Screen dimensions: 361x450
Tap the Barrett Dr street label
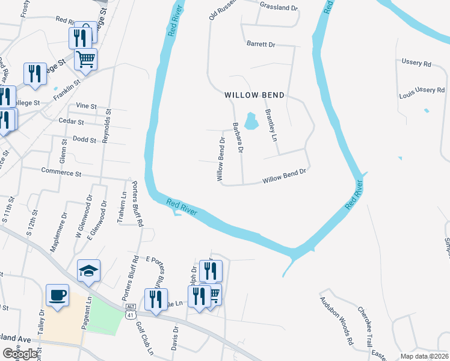[x=260, y=45]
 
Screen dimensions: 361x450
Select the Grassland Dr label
[x=279, y=7]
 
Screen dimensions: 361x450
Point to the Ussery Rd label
[x=416, y=63]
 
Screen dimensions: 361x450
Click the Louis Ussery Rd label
[x=421, y=90]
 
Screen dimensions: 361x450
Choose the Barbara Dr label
[x=238, y=138]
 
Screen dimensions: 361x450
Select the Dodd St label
[x=84, y=140]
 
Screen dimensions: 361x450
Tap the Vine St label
[x=87, y=105]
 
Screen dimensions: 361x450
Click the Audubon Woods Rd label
[x=336, y=321]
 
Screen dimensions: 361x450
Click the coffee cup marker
[x=57, y=295]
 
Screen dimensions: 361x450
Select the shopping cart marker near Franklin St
[x=86, y=60]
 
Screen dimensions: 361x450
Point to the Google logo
[x=20, y=354]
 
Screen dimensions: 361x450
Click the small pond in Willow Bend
[x=251, y=121]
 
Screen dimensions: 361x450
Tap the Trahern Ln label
[x=124, y=205]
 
